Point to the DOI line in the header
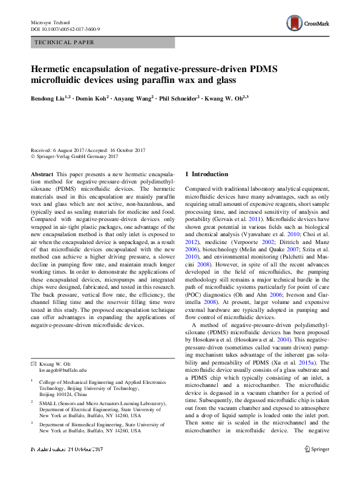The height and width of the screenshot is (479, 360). pos(65,28)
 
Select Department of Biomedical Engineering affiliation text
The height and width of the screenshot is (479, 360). pos(92,424)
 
